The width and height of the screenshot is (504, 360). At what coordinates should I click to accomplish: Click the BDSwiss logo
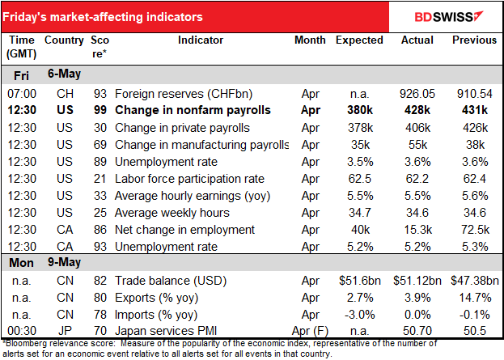447,16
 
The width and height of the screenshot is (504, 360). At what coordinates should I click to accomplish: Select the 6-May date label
68,75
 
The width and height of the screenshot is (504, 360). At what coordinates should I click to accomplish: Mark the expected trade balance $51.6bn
359,280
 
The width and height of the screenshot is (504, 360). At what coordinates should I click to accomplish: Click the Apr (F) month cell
308,331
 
